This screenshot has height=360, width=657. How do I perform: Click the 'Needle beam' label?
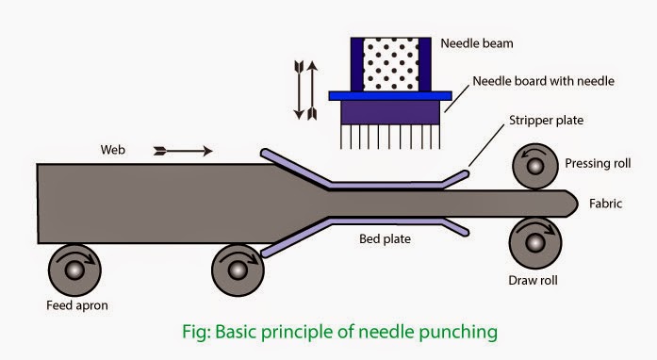(477, 43)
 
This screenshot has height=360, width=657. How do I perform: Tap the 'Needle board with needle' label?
(544, 81)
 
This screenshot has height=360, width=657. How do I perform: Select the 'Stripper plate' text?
(546, 121)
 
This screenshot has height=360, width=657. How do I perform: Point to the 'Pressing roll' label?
(598, 163)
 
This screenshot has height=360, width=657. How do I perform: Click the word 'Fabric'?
(605, 204)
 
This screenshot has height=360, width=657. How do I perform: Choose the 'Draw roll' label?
(533, 280)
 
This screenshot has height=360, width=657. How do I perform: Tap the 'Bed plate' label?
(386, 238)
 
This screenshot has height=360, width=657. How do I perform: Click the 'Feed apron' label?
(77, 305)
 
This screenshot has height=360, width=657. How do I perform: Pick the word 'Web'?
(113, 150)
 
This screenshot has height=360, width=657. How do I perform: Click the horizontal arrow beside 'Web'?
(183, 151)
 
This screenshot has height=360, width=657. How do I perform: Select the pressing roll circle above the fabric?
(535, 167)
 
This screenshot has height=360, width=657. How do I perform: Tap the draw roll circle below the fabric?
(535, 242)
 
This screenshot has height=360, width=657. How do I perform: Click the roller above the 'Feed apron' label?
(74, 270)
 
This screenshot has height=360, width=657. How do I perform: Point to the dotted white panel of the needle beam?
(390, 64)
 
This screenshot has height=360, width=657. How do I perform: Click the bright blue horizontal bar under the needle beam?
(390, 96)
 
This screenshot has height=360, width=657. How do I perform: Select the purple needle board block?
(390, 112)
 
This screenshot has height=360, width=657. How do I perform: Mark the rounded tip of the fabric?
(577, 204)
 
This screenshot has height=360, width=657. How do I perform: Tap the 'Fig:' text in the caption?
(196, 333)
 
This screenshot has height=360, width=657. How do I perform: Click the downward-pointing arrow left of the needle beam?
(299, 90)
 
